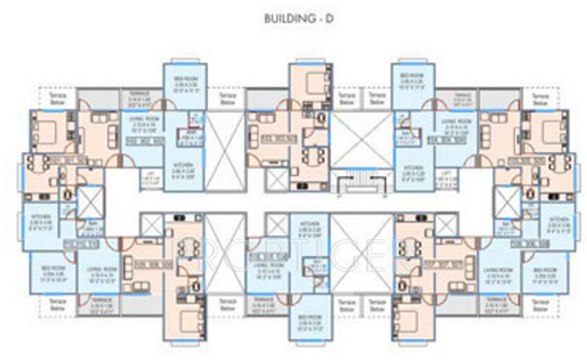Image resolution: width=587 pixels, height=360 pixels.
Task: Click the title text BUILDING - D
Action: coord(295,16)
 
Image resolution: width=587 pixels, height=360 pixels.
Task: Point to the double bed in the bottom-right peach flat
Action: coord(408,319)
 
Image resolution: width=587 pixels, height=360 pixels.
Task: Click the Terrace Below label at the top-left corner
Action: coord(57,97)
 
